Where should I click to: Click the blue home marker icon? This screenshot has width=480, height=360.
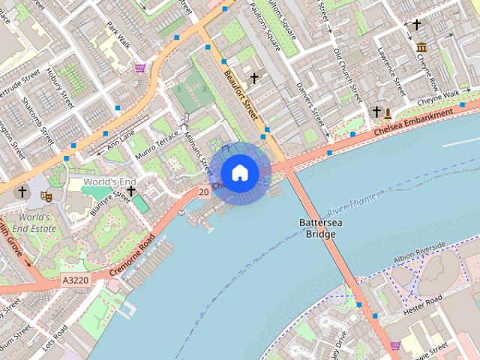239,173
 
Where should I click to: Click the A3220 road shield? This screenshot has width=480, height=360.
76,279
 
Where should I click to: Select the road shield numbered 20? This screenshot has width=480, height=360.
204,193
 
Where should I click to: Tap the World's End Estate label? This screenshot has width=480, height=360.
34,223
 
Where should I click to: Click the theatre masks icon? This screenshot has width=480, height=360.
46,196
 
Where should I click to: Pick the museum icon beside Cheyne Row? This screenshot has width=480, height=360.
421,48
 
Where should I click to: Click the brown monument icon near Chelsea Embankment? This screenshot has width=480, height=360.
388,114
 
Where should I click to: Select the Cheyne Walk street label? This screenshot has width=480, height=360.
438,97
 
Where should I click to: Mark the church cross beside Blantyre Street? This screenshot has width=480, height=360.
131,191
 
